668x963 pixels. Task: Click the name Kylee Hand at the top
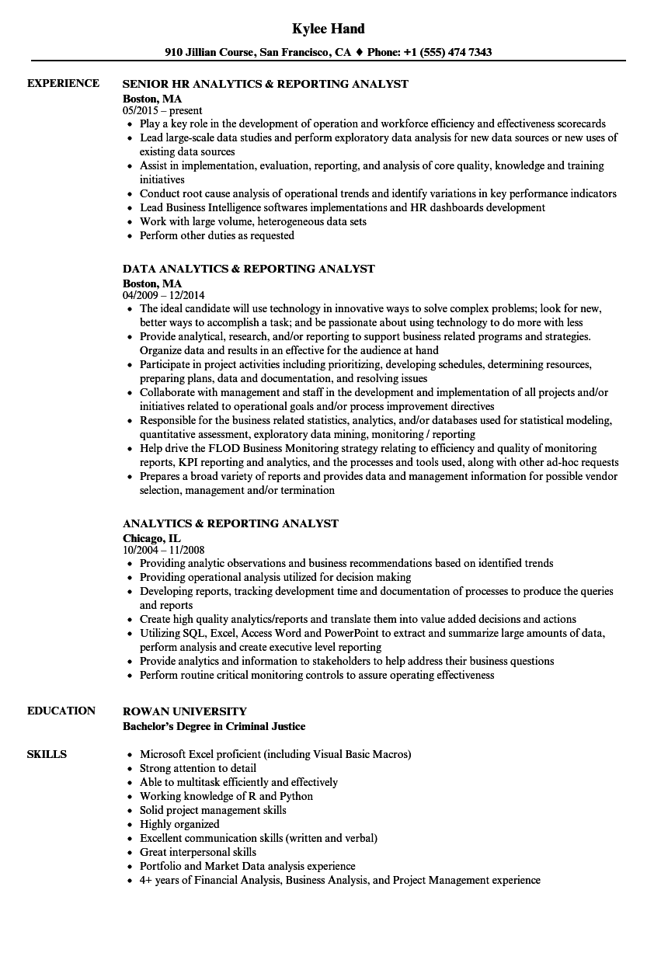pyautogui.click(x=328, y=29)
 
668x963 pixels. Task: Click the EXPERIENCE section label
pyautogui.click(x=63, y=83)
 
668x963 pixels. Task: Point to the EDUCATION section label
pyautogui.click(x=61, y=711)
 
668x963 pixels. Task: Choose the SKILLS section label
pyautogui.click(x=47, y=754)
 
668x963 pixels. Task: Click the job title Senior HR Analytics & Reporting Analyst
pyautogui.click(x=266, y=84)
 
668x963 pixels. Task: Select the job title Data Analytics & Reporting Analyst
pyautogui.click(x=249, y=269)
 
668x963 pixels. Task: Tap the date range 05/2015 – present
pyautogui.click(x=162, y=110)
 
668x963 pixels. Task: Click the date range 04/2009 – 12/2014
pyautogui.click(x=164, y=295)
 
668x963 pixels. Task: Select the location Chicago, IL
pyautogui.click(x=151, y=537)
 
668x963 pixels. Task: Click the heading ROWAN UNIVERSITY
pyautogui.click(x=185, y=711)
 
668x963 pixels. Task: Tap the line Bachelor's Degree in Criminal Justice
pyautogui.click(x=214, y=726)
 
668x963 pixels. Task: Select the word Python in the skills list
pyautogui.click(x=297, y=796)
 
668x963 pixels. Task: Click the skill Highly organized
pyautogui.click(x=179, y=824)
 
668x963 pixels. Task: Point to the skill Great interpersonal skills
pyautogui.click(x=197, y=852)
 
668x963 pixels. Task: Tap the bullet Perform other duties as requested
pyautogui.click(x=217, y=235)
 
